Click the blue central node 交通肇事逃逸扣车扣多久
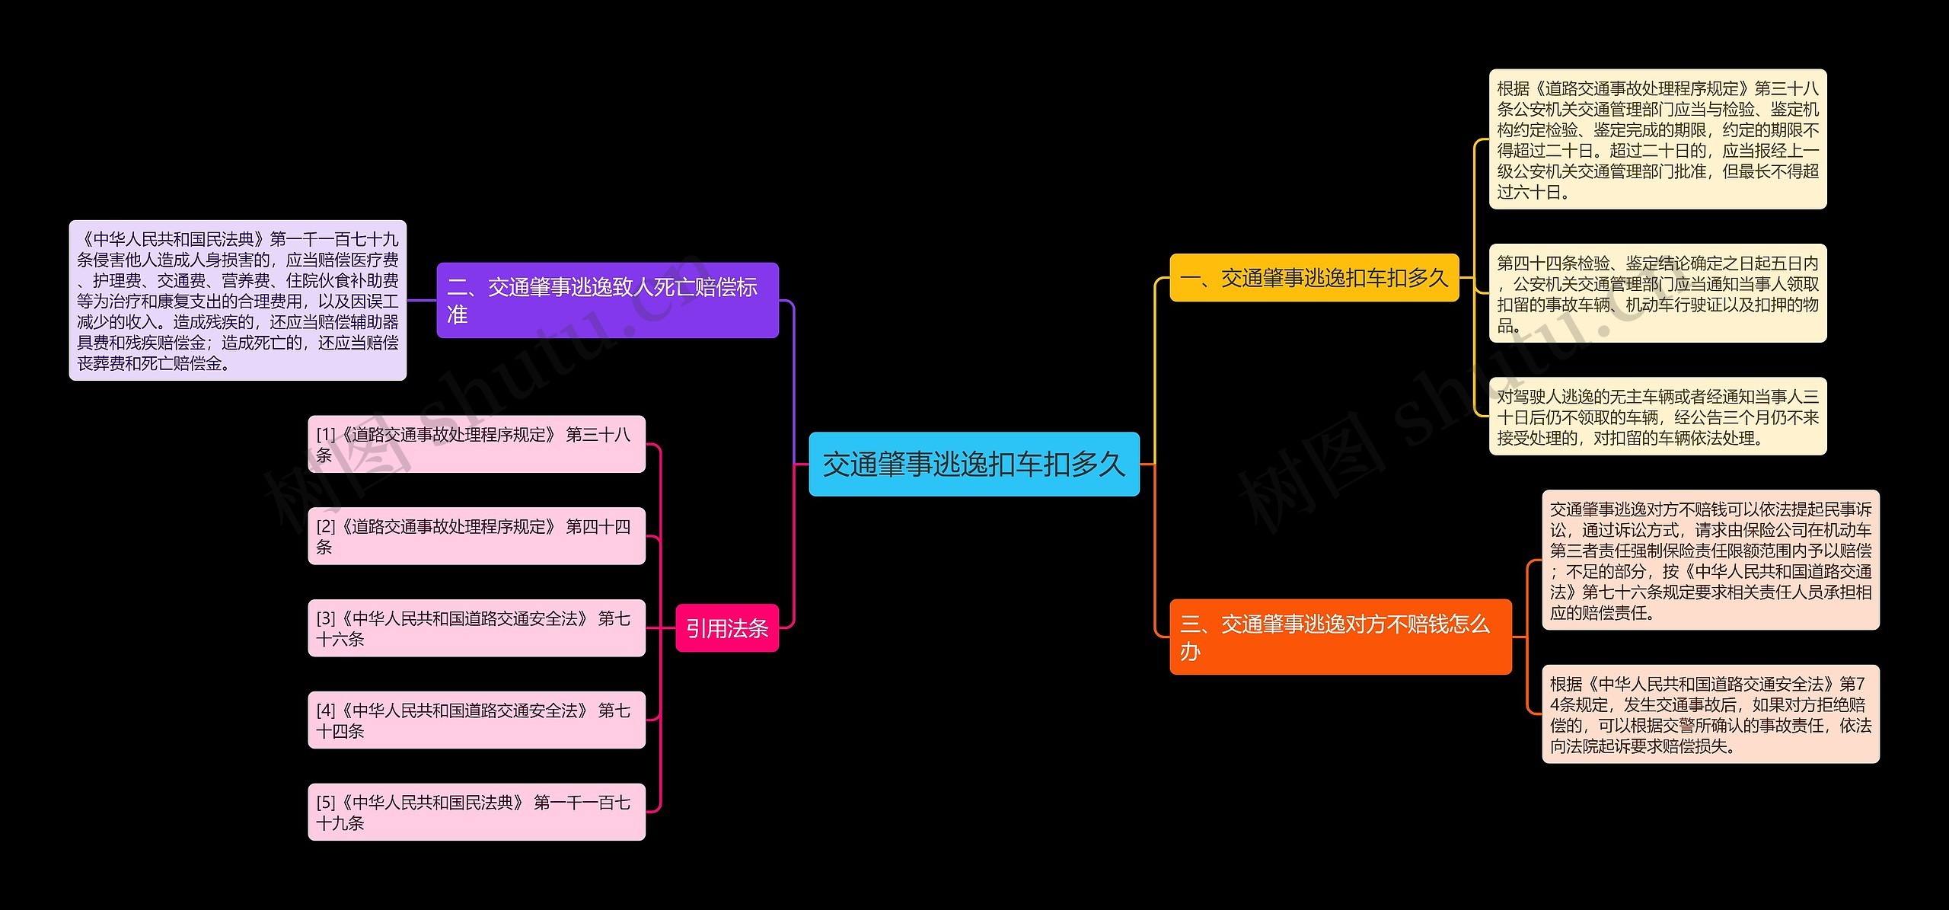[x=974, y=464]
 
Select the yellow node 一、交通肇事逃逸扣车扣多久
[x=1314, y=278]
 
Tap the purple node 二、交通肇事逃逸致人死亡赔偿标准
[x=607, y=300]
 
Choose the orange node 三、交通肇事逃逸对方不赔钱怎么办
[x=1340, y=637]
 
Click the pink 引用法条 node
[x=727, y=628]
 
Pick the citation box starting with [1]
[x=476, y=444]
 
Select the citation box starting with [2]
[x=476, y=536]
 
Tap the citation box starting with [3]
[x=476, y=628]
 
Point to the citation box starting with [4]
[x=476, y=720]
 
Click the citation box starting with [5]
[x=476, y=812]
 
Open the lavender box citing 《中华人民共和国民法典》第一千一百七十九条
[x=238, y=301]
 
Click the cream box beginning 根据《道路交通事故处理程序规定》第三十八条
[x=1657, y=139]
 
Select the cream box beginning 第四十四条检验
[x=1657, y=293]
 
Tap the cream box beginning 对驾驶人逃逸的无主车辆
[x=1657, y=417]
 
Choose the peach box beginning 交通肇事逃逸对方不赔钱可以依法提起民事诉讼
[x=1710, y=560]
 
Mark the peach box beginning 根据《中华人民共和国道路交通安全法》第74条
[x=1710, y=714]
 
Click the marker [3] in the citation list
[x=326, y=618]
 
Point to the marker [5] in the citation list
[x=326, y=803]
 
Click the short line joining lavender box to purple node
[x=422, y=300]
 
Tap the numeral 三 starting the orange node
[x=1191, y=624]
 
